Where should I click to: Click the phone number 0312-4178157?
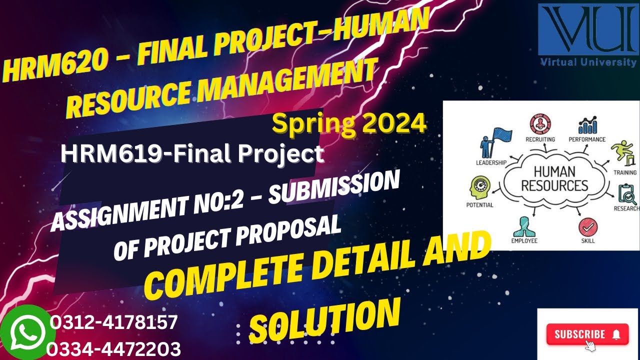[x=114, y=322]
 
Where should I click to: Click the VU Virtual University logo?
[x=587, y=35]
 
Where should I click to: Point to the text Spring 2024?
[x=349, y=123]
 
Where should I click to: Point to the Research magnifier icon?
[x=627, y=194]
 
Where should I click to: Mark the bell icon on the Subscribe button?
[x=616, y=334]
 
